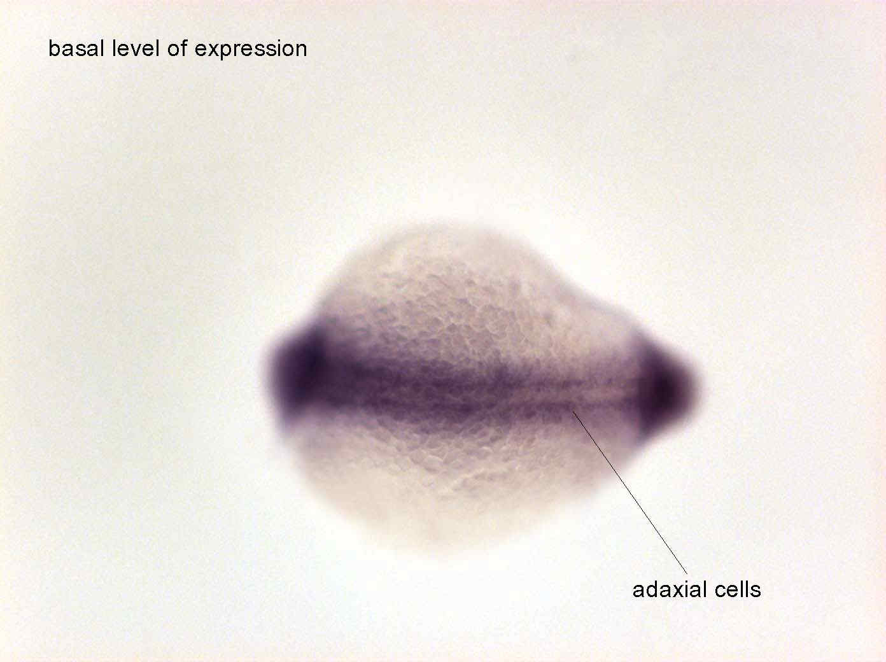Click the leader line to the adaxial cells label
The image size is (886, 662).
tap(629, 492)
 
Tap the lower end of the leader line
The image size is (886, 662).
tap(687, 574)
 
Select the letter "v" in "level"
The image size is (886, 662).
tap(136, 50)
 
